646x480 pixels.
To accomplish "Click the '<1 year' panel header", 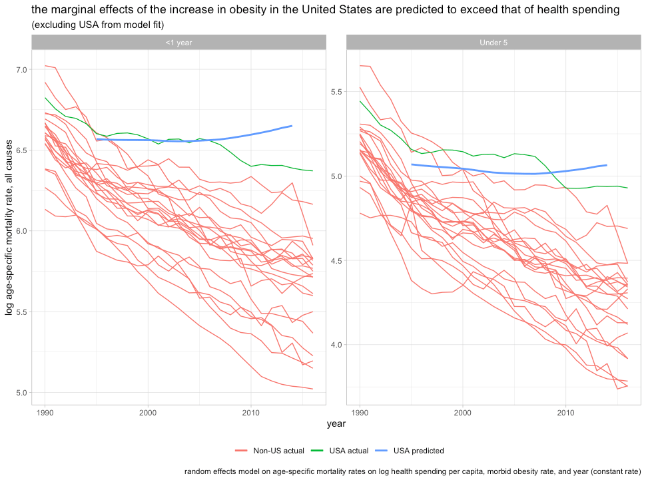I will coord(178,43).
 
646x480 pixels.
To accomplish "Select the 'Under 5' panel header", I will coord(493,43).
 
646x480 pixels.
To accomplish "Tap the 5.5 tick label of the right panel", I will coord(336,91).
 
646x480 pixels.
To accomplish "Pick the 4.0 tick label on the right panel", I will coord(336,345).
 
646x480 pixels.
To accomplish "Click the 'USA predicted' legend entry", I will coord(418,451).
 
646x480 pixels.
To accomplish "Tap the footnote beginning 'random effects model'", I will coord(412,471).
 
